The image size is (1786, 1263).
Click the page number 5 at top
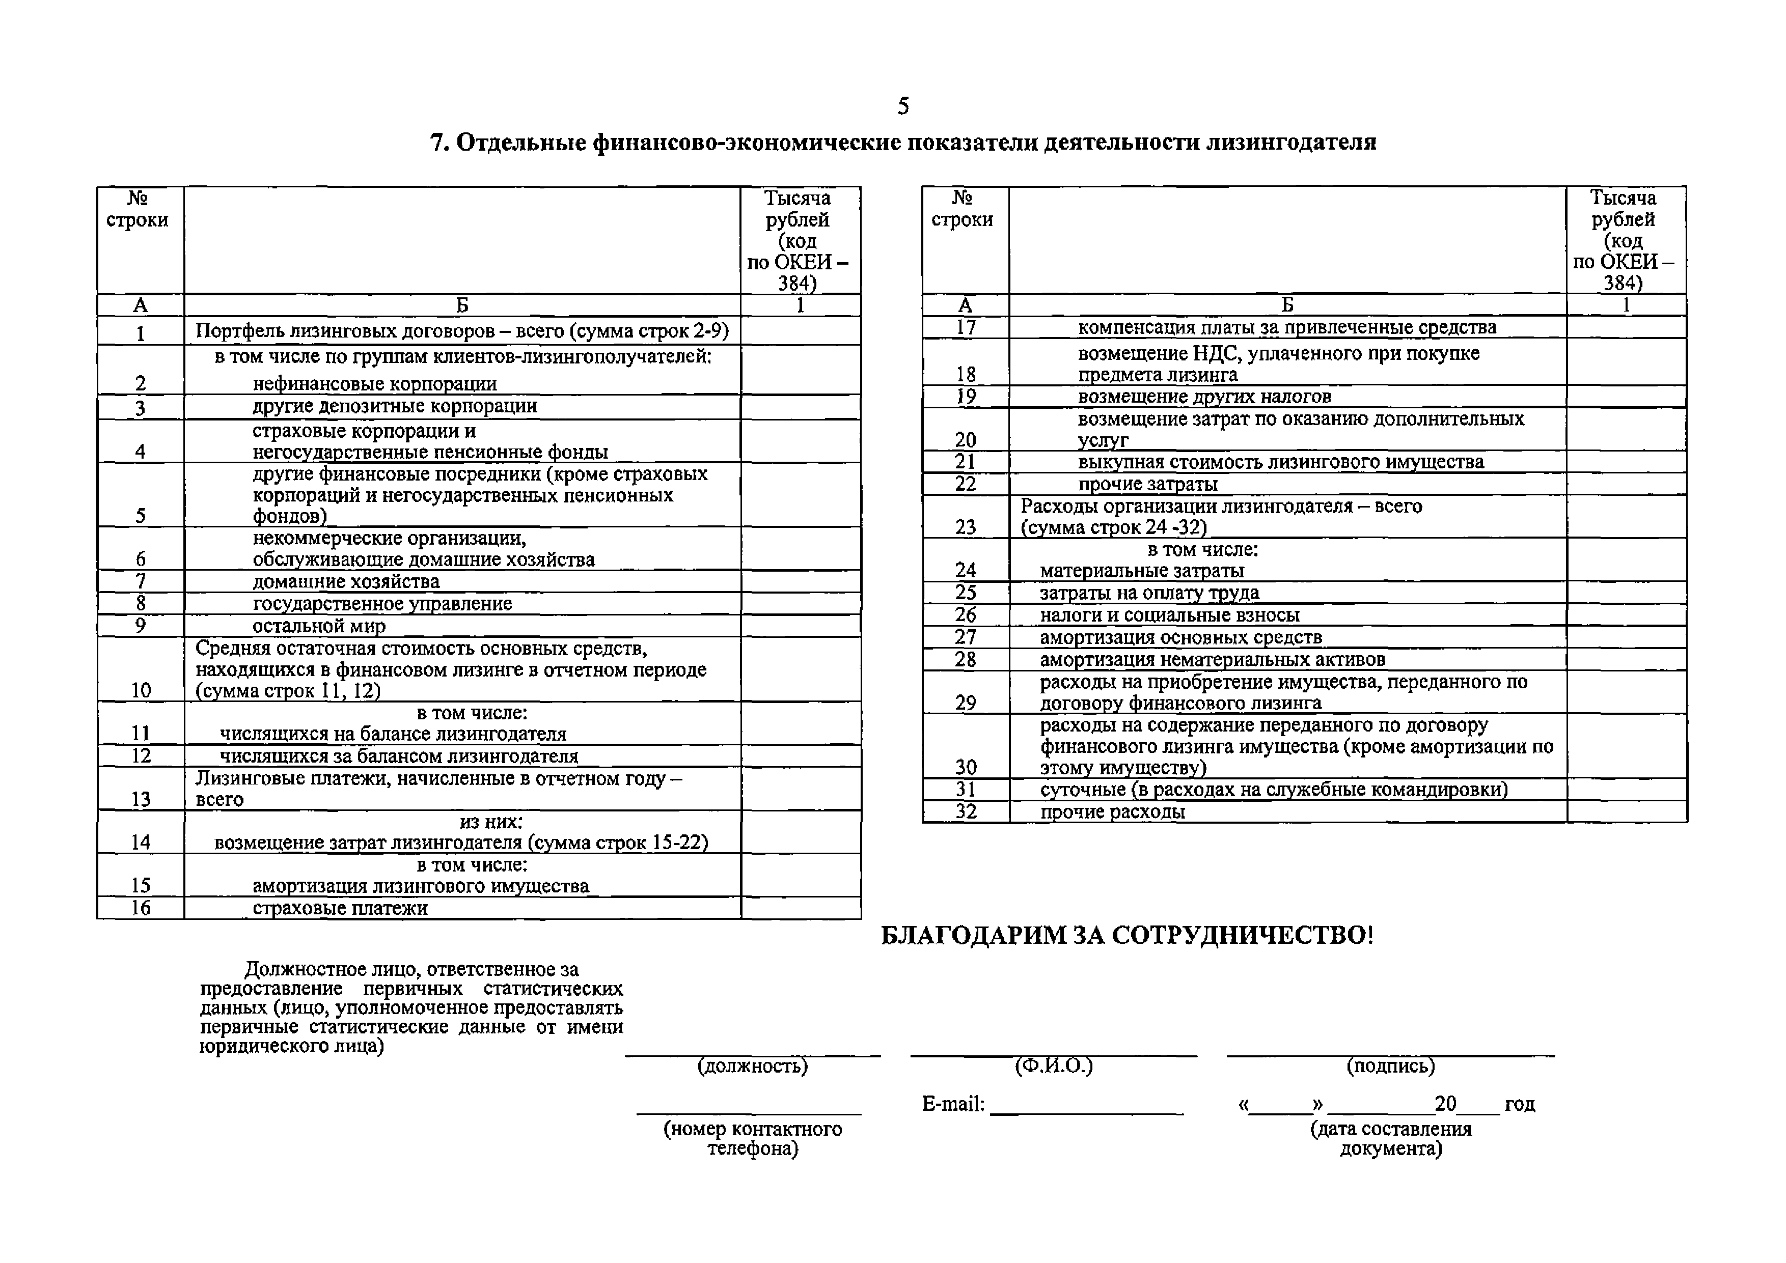tap(902, 106)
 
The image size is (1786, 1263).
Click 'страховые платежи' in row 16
tap(340, 908)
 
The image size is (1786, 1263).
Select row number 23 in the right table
tap(966, 527)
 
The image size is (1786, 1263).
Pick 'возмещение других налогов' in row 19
tap(1204, 397)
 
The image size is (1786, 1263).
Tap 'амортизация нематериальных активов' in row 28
tap(1213, 659)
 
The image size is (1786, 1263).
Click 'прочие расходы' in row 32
tap(1112, 812)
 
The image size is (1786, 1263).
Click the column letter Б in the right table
tap(1287, 305)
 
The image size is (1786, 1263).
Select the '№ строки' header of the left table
tap(138, 210)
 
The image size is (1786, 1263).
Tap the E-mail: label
tap(953, 1104)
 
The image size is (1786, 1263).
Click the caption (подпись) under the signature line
tap(1390, 1066)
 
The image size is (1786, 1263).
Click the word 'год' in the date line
tap(1519, 1104)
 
